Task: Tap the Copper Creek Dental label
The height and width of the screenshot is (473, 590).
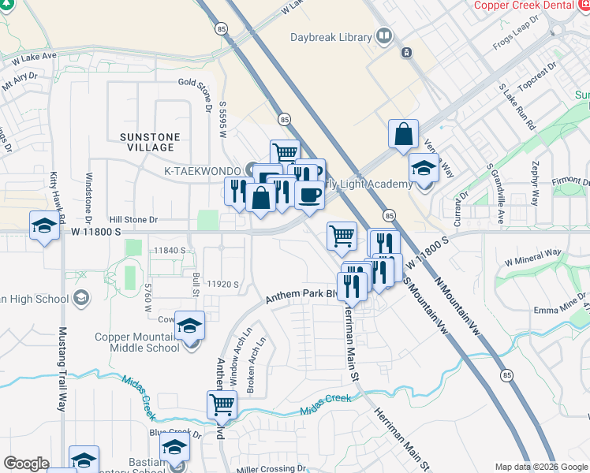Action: (x=525, y=6)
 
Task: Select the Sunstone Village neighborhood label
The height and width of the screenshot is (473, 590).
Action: (x=151, y=142)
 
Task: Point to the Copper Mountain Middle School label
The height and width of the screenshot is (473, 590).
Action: (x=136, y=342)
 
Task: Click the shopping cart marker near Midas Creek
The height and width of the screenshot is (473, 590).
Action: (x=222, y=405)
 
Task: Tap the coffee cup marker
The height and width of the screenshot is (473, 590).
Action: (x=310, y=194)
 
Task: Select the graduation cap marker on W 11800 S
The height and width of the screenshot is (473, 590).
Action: (x=44, y=226)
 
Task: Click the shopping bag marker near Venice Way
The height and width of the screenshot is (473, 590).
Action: (x=403, y=134)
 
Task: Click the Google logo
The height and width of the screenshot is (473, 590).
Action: (x=27, y=464)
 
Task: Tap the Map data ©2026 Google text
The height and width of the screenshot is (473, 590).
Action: (x=540, y=467)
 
